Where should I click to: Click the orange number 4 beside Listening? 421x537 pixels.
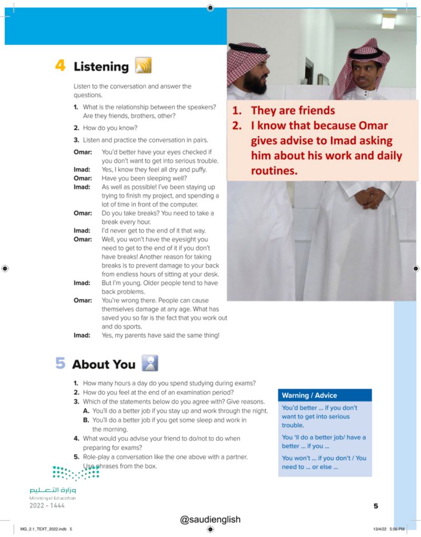click(60, 66)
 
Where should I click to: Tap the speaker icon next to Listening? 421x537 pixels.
click(143, 66)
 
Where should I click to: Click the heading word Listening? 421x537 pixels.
click(101, 67)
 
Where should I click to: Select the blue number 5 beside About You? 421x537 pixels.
click(60, 364)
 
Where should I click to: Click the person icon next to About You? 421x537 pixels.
click(149, 363)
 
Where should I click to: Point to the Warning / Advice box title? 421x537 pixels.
click(309, 395)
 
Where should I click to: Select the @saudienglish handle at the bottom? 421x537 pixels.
click(210, 519)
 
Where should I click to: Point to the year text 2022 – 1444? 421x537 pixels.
click(48, 505)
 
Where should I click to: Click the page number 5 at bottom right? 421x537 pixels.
click(376, 506)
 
